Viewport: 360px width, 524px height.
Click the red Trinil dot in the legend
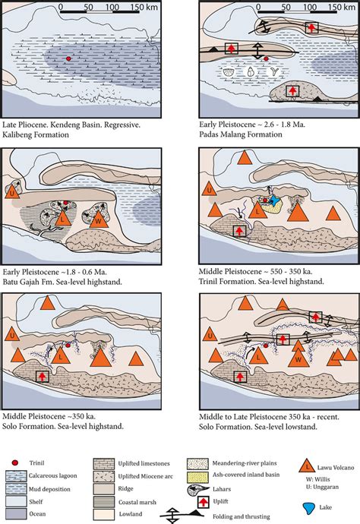point(14,462)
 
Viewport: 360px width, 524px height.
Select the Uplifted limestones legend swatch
point(103,464)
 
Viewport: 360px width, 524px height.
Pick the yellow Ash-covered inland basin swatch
point(197,475)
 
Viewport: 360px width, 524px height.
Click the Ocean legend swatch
point(16,513)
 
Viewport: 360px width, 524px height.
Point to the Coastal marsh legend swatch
point(103,502)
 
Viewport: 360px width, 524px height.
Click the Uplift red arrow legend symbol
point(204,502)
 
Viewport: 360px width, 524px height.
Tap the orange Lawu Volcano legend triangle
point(307,466)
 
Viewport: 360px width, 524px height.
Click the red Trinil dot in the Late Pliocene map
point(68,58)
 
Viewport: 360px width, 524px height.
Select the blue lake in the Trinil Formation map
point(275,200)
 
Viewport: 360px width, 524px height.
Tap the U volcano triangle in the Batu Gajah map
point(12,192)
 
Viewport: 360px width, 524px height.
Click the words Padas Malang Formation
point(241,134)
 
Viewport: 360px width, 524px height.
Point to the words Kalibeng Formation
point(36,134)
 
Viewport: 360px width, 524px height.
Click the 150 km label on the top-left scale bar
point(144,7)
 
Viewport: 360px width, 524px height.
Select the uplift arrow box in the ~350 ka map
point(42,377)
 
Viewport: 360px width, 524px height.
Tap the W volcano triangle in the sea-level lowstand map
point(298,358)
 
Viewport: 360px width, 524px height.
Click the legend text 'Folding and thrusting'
point(241,516)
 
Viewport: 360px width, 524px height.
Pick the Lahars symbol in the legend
point(198,490)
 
